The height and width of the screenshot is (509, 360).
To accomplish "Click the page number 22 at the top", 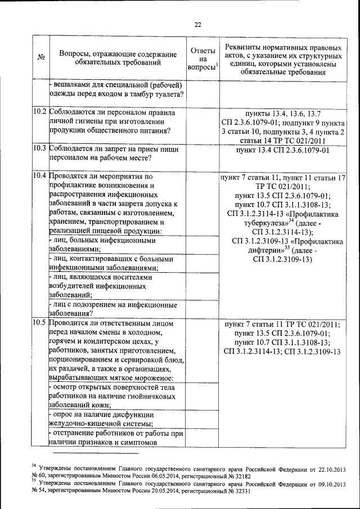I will click(197, 24).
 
